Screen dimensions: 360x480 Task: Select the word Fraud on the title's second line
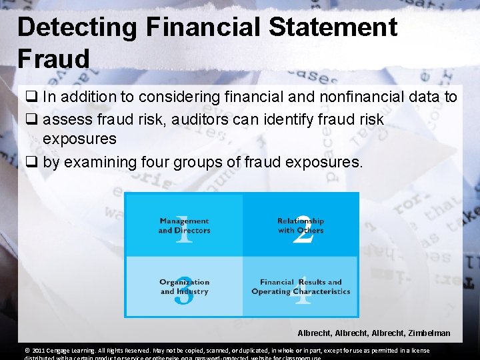click(x=54, y=59)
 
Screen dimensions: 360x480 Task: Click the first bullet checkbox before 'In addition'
click(x=32, y=97)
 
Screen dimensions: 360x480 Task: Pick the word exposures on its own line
click(x=79, y=139)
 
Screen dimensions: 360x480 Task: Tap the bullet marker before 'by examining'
click(x=32, y=161)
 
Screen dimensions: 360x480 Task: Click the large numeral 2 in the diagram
click(x=303, y=230)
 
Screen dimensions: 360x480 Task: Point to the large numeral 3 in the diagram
click(x=183, y=291)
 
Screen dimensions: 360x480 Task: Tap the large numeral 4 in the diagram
click(x=303, y=291)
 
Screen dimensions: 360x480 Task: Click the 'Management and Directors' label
click(x=184, y=225)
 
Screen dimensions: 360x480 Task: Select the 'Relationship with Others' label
click(x=301, y=225)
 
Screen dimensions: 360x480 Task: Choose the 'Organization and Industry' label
click(x=184, y=287)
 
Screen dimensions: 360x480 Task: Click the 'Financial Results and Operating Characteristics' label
click(x=301, y=287)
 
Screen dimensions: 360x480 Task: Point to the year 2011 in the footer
click(x=33, y=351)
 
